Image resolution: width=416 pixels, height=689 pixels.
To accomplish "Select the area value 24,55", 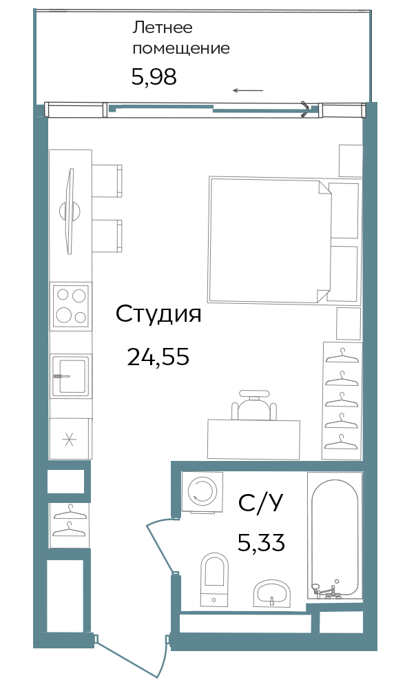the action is coord(158,356).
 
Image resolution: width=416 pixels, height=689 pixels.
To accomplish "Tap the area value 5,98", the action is coord(154,77).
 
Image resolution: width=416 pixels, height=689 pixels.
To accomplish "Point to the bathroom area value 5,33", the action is coord(261,542).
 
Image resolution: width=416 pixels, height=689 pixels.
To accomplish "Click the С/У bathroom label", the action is coord(260,504).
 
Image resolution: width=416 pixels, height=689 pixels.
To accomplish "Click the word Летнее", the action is coord(163,28).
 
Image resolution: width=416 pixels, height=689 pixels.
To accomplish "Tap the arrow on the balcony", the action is coord(248,91).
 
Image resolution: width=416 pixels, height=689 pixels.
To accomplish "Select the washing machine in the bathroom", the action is coord(202,492).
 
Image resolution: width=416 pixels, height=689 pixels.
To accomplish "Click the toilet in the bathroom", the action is coord(214,579).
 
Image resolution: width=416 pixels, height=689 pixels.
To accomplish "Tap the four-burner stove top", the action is coord(71,305).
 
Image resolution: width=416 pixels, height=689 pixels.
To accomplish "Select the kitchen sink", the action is coord(71,376).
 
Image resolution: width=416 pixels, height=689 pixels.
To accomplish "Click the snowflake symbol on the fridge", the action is coord(69,440).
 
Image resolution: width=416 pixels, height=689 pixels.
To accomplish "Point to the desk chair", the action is coord(255,405).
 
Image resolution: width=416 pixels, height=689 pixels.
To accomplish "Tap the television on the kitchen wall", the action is coord(70,211).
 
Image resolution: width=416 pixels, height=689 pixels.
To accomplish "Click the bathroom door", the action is coord(159,546).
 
